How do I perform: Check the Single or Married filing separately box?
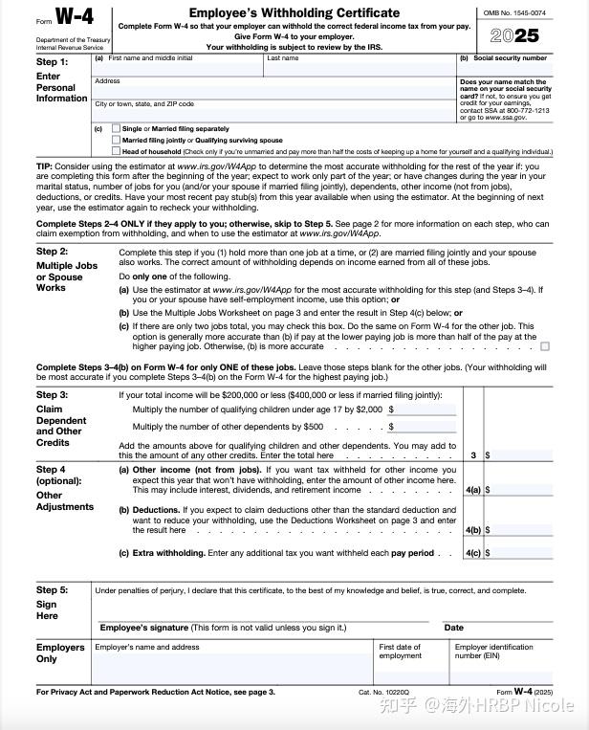[x=117, y=128]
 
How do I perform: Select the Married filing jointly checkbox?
[x=117, y=140]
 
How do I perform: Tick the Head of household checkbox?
[x=117, y=151]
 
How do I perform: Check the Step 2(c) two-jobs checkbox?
[x=545, y=346]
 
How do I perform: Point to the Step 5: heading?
[x=53, y=591]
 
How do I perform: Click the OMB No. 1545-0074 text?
[x=513, y=12]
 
